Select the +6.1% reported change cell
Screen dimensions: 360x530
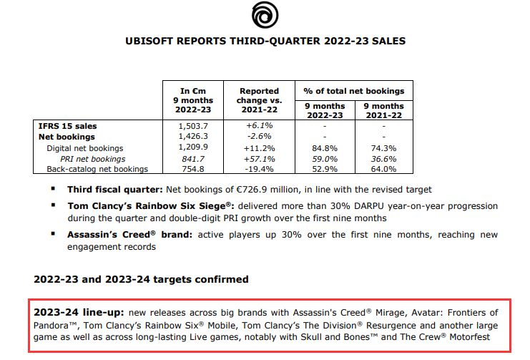click(259, 125)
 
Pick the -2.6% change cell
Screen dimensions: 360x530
click(259, 136)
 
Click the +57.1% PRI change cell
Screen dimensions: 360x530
click(259, 158)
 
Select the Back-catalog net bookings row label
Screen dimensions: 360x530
click(97, 169)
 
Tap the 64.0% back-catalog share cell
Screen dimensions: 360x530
click(384, 169)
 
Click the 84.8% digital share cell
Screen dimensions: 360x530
click(325, 147)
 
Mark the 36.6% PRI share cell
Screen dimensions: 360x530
click(384, 158)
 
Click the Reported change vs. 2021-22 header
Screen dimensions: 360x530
click(259, 101)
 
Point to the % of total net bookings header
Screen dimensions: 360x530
click(354, 91)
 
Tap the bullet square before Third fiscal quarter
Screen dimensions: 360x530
click(52, 189)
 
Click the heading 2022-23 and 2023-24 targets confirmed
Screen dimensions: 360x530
click(141, 278)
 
